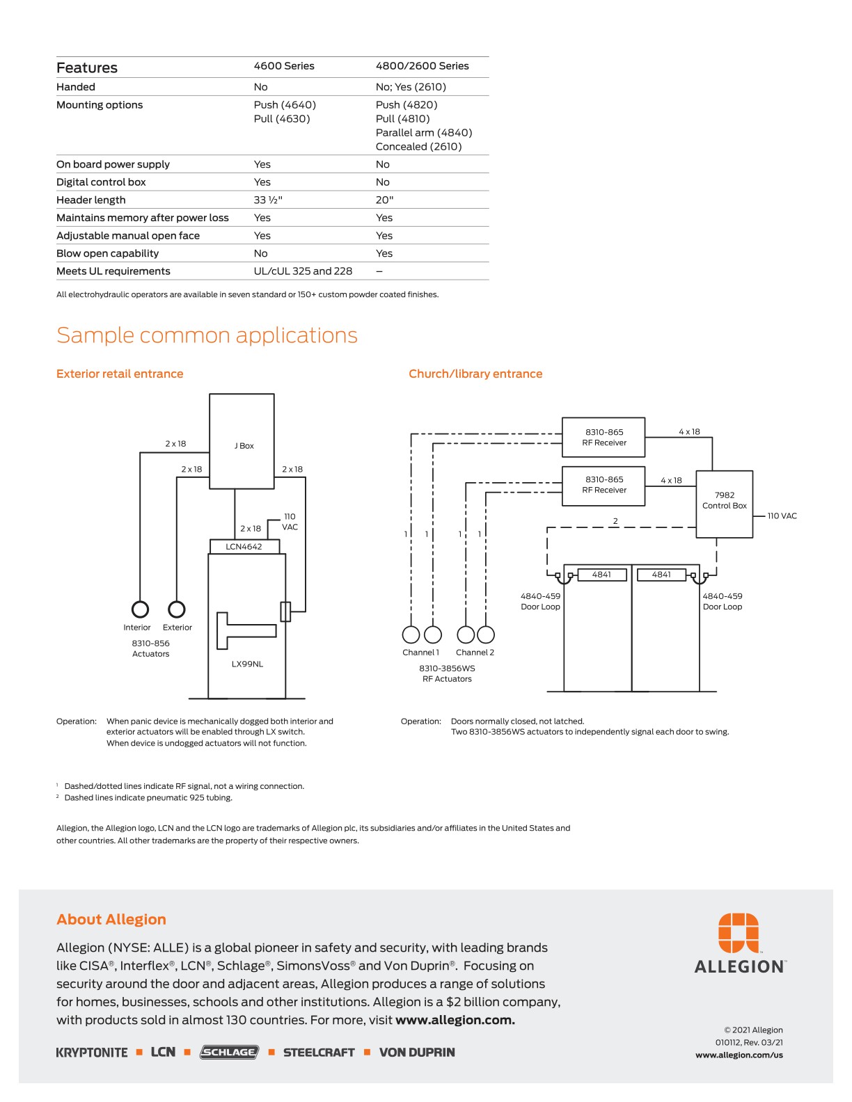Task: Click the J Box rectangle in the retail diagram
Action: coord(242,441)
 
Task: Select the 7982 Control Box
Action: coord(724,504)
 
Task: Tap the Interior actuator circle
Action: coord(140,609)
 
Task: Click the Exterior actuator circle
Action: coord(177,609)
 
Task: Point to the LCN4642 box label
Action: coord(244,547)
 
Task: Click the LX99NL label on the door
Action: coord(247,664)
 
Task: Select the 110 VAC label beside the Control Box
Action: coord(782,516)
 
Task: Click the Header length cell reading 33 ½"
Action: coord(268,200)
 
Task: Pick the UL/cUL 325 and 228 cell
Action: coord(303,271)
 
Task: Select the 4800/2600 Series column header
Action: coord(422,66)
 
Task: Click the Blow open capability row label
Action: coord(107,253)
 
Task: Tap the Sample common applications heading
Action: coord(207,335)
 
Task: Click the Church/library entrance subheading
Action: coord(475,374)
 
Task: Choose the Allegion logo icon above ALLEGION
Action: coord(739,932)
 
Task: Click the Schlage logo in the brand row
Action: coord(229,1052)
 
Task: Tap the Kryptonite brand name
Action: coord(92,1053)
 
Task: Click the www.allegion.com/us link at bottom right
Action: coord(739,1055)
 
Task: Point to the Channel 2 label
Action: coord(475,653)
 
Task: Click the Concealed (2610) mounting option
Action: coord(418,147)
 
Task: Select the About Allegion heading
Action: coord(111,919)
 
